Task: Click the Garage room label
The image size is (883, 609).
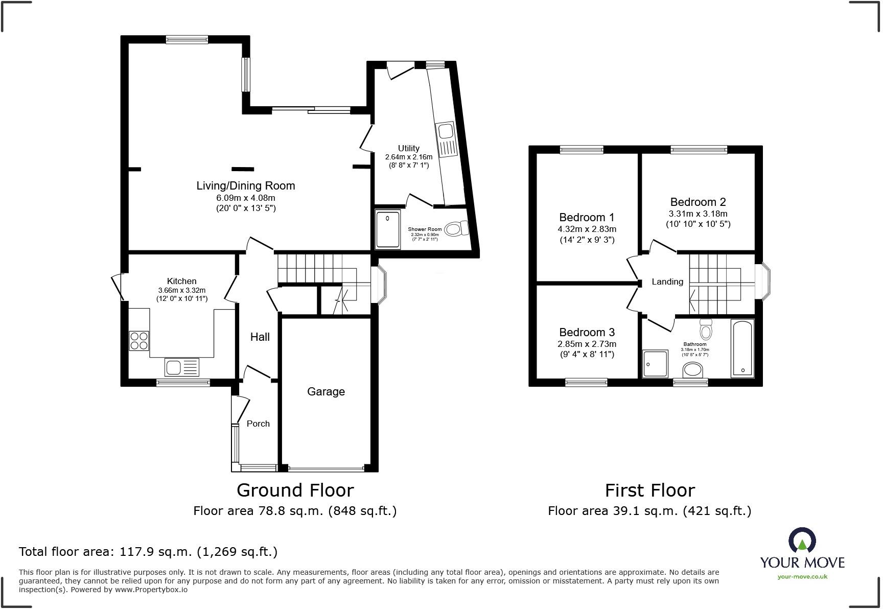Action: pos(326,391)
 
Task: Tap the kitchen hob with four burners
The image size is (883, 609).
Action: pos(139,341)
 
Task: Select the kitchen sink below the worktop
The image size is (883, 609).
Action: pos(181,367)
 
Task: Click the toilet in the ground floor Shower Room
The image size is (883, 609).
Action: pos(456,228)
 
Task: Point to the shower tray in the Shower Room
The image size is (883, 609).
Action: pos(388,229)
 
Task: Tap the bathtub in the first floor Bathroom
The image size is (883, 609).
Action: pos(742,348)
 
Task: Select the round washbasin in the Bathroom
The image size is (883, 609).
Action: pos(693,369)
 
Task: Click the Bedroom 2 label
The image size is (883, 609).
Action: pos(698,202)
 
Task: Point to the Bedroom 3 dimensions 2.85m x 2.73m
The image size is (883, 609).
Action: pos(587,344)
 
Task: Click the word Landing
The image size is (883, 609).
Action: pos(667,282)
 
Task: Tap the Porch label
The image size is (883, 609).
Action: pos(258,424)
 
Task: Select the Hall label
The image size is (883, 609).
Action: pos(260,337)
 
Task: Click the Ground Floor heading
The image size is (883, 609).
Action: pos(295,490)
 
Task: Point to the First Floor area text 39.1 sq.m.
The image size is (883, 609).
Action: pos(649,510)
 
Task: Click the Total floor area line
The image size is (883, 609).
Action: pos(148,551)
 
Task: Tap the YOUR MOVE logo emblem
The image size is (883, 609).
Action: pos(802,540)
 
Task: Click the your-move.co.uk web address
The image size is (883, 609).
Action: pos(802,576)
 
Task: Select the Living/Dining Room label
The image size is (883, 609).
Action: pos(246,185)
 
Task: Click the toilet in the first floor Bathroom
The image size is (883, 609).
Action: pos(706,330)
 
